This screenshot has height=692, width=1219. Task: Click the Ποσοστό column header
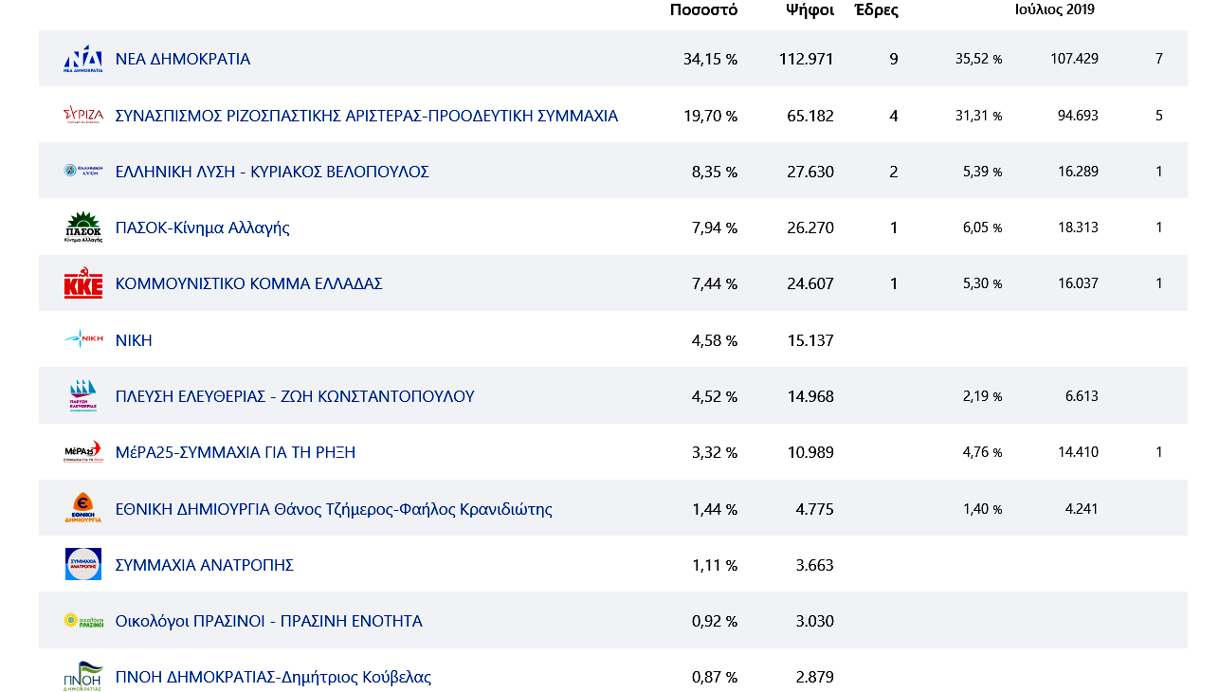pos(703,10)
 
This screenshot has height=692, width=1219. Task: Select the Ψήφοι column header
pos(810,10)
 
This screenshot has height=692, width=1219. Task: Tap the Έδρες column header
pos(876,10)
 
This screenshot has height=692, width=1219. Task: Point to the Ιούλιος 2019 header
pos(1054,9)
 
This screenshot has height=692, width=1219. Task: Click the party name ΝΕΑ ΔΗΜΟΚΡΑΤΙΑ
pos(183,59)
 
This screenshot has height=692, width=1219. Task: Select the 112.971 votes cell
pos(806,59)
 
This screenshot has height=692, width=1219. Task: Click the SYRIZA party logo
pos(83,115)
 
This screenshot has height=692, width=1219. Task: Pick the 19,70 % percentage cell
pos(710,116)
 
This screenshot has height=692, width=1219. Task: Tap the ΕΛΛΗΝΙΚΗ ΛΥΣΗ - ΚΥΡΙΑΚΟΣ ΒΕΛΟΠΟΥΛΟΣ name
pos(272,172)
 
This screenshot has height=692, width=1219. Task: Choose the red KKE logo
pos(83,283)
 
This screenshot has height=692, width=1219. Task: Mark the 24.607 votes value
pos(810,283)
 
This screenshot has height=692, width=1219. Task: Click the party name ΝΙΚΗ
pos(134,340)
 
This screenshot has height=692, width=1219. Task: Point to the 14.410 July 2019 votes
pos(1078,452)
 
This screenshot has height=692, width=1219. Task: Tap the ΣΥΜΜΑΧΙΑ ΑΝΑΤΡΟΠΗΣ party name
pos(204,565)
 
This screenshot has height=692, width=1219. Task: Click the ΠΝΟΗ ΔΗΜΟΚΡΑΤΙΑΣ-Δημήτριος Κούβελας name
pos(273,677)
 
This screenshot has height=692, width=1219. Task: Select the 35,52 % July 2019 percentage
pos(978,59)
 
